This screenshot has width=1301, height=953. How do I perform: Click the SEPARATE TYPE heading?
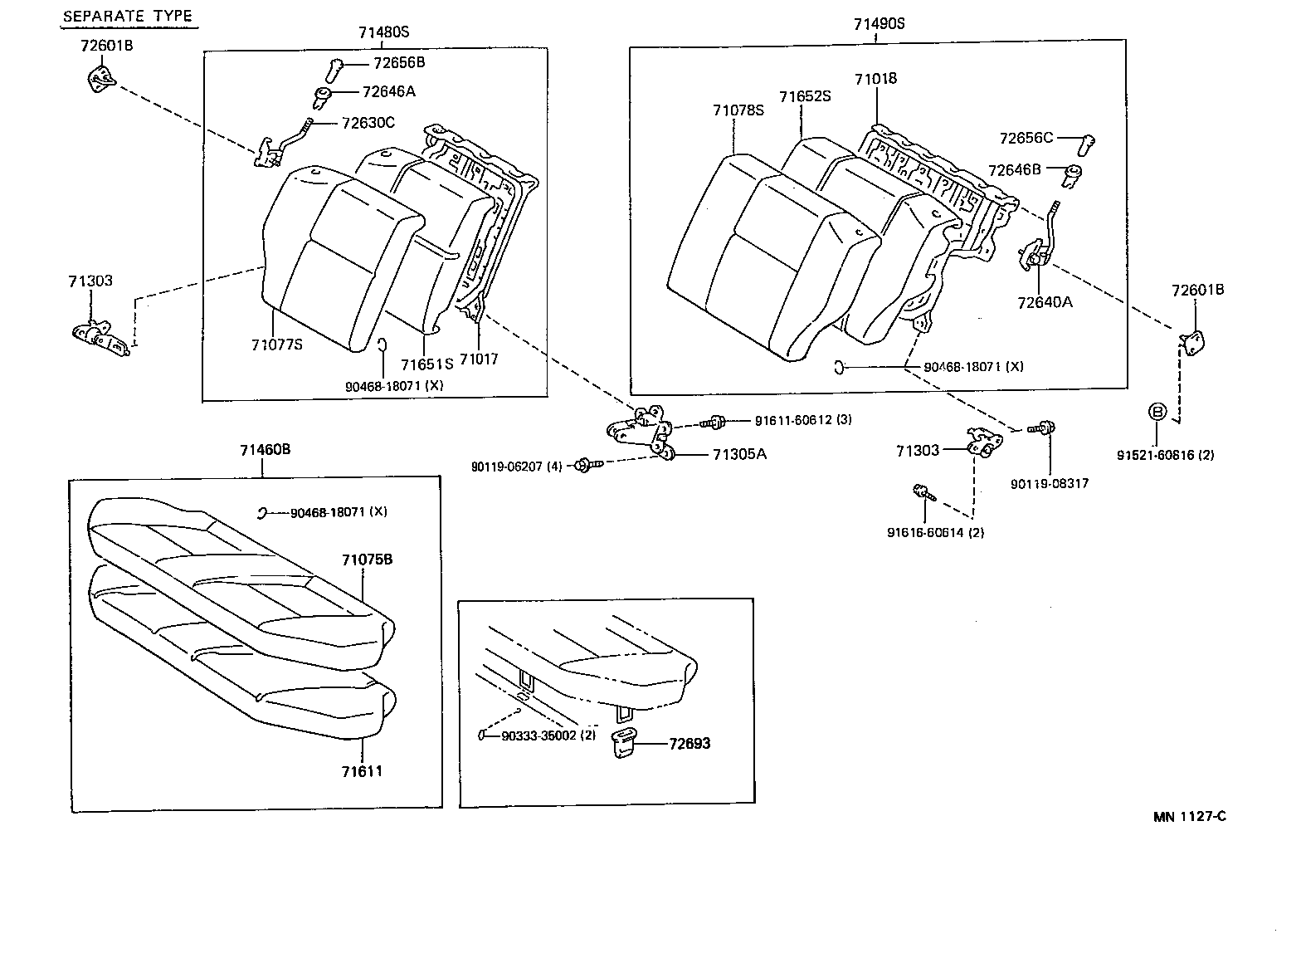(128, 16)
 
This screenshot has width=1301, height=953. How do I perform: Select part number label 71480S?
(383, 32)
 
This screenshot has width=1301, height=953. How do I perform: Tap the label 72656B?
(399, 62)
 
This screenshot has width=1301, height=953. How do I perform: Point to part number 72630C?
(368, 123)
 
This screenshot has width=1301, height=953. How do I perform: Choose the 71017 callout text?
(479, 359)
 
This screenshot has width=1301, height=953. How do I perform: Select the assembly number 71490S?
(879, 24)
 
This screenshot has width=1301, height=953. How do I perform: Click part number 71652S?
(805, 97)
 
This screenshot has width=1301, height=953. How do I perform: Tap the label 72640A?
(1044, 302)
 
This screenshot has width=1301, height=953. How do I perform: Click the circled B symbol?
(1157, 411)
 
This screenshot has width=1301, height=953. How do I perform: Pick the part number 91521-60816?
(1165, 455)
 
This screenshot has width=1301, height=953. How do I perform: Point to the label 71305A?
(739, 454)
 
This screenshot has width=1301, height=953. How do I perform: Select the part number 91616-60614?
(935, 532)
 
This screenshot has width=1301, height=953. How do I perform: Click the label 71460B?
(265, 450)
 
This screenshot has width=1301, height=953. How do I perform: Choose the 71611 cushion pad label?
(362, 771)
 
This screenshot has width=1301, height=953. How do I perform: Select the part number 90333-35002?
(548, 736)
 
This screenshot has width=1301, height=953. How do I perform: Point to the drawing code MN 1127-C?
(1189, 816)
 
